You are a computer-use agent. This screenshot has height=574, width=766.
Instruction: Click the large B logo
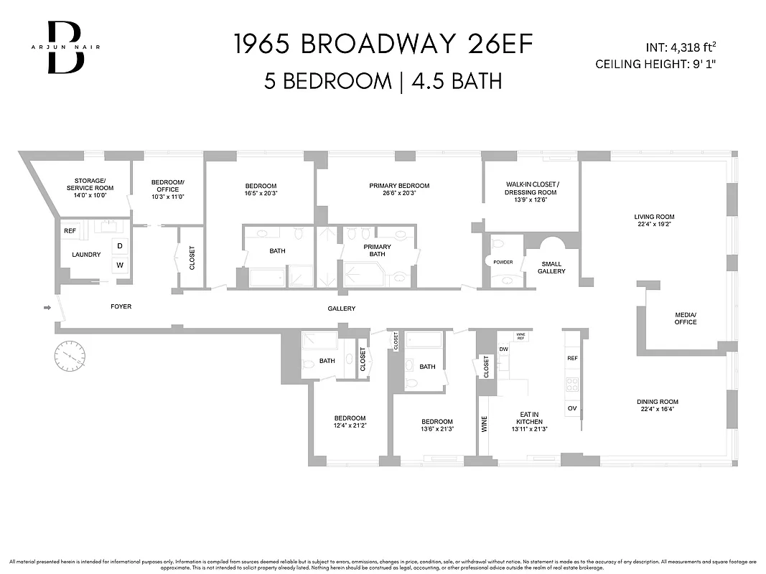(66, 47)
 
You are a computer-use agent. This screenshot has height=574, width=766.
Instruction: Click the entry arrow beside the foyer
(47, 308)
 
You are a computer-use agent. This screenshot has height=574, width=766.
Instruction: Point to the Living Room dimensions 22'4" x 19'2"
(654, 225)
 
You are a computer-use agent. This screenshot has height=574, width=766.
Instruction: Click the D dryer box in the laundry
(120, 246)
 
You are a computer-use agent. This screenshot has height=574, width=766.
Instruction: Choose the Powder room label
(503, 262)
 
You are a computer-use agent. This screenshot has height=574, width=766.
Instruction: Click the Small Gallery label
(552, 267)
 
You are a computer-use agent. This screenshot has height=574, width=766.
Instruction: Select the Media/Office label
(686, 318)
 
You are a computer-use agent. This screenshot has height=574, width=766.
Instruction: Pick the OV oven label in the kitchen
(572, 408)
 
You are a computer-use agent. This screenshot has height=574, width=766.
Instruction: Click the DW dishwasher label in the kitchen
(503, 349)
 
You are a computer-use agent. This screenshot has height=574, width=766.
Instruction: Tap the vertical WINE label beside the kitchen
(484, 425)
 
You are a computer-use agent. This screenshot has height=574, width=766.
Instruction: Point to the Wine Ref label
(522, 336)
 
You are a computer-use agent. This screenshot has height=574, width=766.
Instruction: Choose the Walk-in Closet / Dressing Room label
(531, 188)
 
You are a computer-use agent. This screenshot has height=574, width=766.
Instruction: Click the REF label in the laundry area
(70, 231)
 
